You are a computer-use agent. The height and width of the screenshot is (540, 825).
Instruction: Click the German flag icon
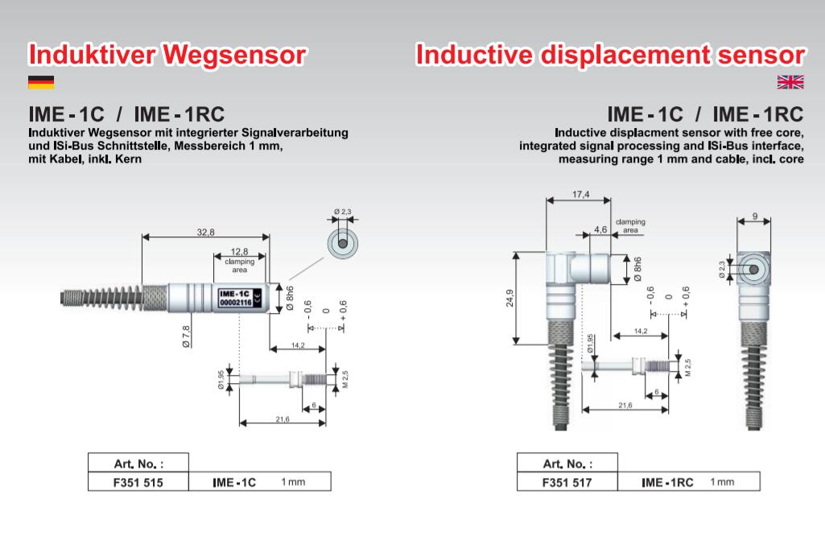click(x=41, y=81)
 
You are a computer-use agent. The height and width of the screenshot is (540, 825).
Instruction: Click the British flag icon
click(x=790, y=81)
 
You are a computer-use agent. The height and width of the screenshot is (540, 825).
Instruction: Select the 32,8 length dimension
click(x=205, y=232)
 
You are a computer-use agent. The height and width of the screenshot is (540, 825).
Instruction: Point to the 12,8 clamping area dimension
click(x=239, y=252)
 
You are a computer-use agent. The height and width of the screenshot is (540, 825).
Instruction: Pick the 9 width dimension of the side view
click(x=755, y=215)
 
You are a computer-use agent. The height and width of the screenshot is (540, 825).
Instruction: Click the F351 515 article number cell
click(x=138, y=482)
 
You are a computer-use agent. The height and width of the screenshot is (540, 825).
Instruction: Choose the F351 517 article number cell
click(x=567, y=482)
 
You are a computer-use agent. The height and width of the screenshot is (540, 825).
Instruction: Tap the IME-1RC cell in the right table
click(x=667, y=482)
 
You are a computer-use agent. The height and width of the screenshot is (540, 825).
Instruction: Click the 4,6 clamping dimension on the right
click(x=600, y=230)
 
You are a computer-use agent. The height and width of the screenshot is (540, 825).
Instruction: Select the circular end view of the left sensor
click(x=343, y=242)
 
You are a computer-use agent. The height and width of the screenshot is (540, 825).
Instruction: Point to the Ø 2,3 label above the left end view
click(x=343, y=212)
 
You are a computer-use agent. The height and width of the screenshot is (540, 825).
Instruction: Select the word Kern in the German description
click(x=134, y=159)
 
